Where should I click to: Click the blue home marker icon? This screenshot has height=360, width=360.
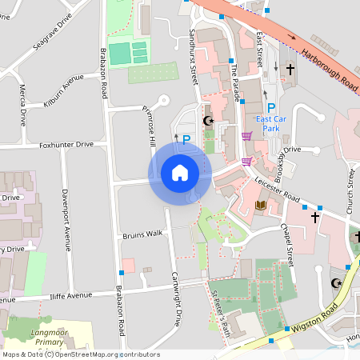coord(179,172)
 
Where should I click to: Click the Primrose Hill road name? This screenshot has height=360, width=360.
coord(150,128)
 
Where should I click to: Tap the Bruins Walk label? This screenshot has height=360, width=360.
coord(142,234)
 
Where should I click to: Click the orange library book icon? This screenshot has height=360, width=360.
coord(260,206)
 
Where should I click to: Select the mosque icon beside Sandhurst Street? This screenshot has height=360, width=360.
coord(209,121)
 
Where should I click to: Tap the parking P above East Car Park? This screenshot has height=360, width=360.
coord(271,108)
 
